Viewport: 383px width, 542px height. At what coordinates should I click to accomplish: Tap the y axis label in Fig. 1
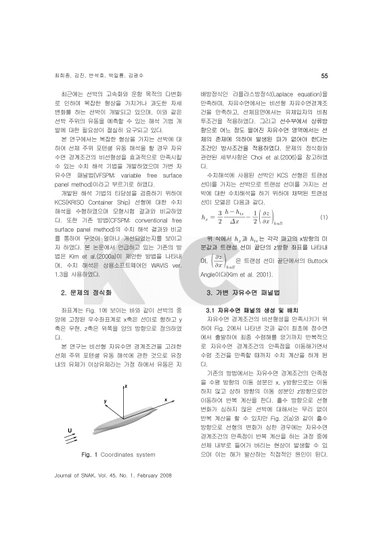(x=106, y=402)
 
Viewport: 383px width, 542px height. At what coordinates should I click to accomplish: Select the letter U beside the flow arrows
(x=70, y=430)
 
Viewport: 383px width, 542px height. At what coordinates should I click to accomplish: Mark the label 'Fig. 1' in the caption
(x=90, y=454)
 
